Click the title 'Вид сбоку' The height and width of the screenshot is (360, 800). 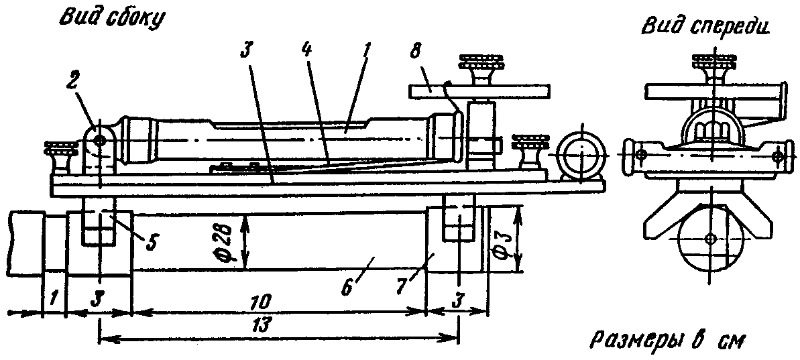click(x=111, y=19)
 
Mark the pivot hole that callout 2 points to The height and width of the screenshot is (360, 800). click(x=100, y=141)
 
